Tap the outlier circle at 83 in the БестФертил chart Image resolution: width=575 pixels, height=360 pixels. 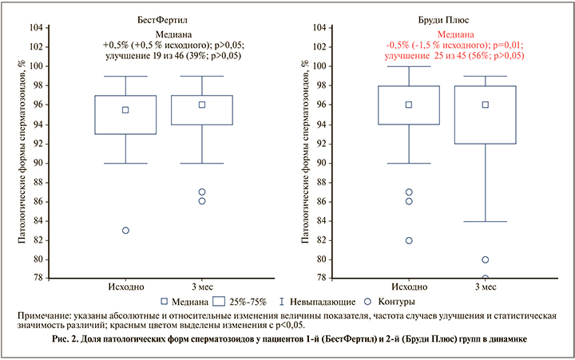(125, 231)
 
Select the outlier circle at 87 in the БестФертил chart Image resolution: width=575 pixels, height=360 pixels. (202, 192)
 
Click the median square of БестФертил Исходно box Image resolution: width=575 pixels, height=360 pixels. (125, 110)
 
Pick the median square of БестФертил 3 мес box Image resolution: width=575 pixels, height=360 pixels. (202, 105)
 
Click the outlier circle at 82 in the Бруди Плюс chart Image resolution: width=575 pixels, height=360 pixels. (409, 240)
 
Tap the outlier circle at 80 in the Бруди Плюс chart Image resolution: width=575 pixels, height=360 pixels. (485, 259)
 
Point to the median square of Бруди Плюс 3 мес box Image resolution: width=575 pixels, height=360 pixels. (485, 105)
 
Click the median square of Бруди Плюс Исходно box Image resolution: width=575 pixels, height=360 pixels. (409, 105)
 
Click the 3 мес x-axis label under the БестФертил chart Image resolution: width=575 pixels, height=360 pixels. (202, 287)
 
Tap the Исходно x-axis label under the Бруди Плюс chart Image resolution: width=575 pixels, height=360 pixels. (409, 287)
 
